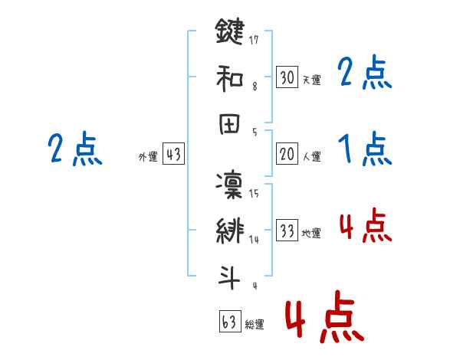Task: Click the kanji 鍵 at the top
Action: click(229, 32)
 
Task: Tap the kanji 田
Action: click(229, 126)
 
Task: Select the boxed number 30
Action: click(287, 77)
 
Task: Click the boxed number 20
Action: click(287, 154)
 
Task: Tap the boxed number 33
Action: click(287, 231)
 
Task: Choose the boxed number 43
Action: click(173, 154)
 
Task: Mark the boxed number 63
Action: click(228, 322)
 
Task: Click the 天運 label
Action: click(311, 80)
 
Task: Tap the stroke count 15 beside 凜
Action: click(255, 193)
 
